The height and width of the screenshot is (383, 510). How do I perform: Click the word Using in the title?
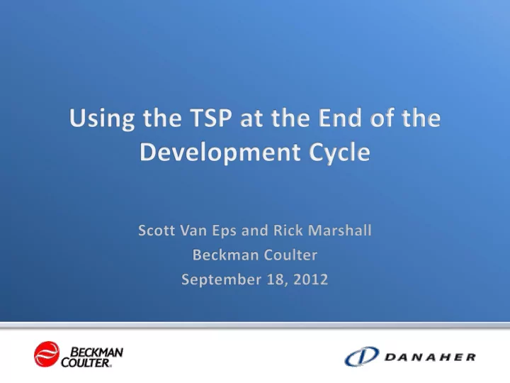coord(102,119)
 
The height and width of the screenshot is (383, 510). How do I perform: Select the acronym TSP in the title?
coord(211,118)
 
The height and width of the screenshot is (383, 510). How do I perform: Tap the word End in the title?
coord(339,118)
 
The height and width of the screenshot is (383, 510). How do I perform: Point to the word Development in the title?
coord(220,153)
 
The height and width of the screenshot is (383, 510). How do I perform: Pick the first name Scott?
coord(157,231)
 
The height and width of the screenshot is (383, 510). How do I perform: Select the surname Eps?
coord(224,231)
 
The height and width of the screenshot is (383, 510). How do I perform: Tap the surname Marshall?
coord(339,231)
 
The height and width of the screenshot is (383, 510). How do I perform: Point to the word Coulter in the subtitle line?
coord(290,255)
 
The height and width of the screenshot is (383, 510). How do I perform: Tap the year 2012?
coord(311,279)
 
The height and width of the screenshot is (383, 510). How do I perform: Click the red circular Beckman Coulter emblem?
coord(47,354)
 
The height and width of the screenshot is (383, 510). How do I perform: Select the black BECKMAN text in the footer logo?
coord(96,352)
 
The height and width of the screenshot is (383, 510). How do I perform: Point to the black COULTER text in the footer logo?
coord(86,362)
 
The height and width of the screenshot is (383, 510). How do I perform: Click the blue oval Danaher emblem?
coord(362,356)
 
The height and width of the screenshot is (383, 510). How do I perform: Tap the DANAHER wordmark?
coord(430,357)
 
